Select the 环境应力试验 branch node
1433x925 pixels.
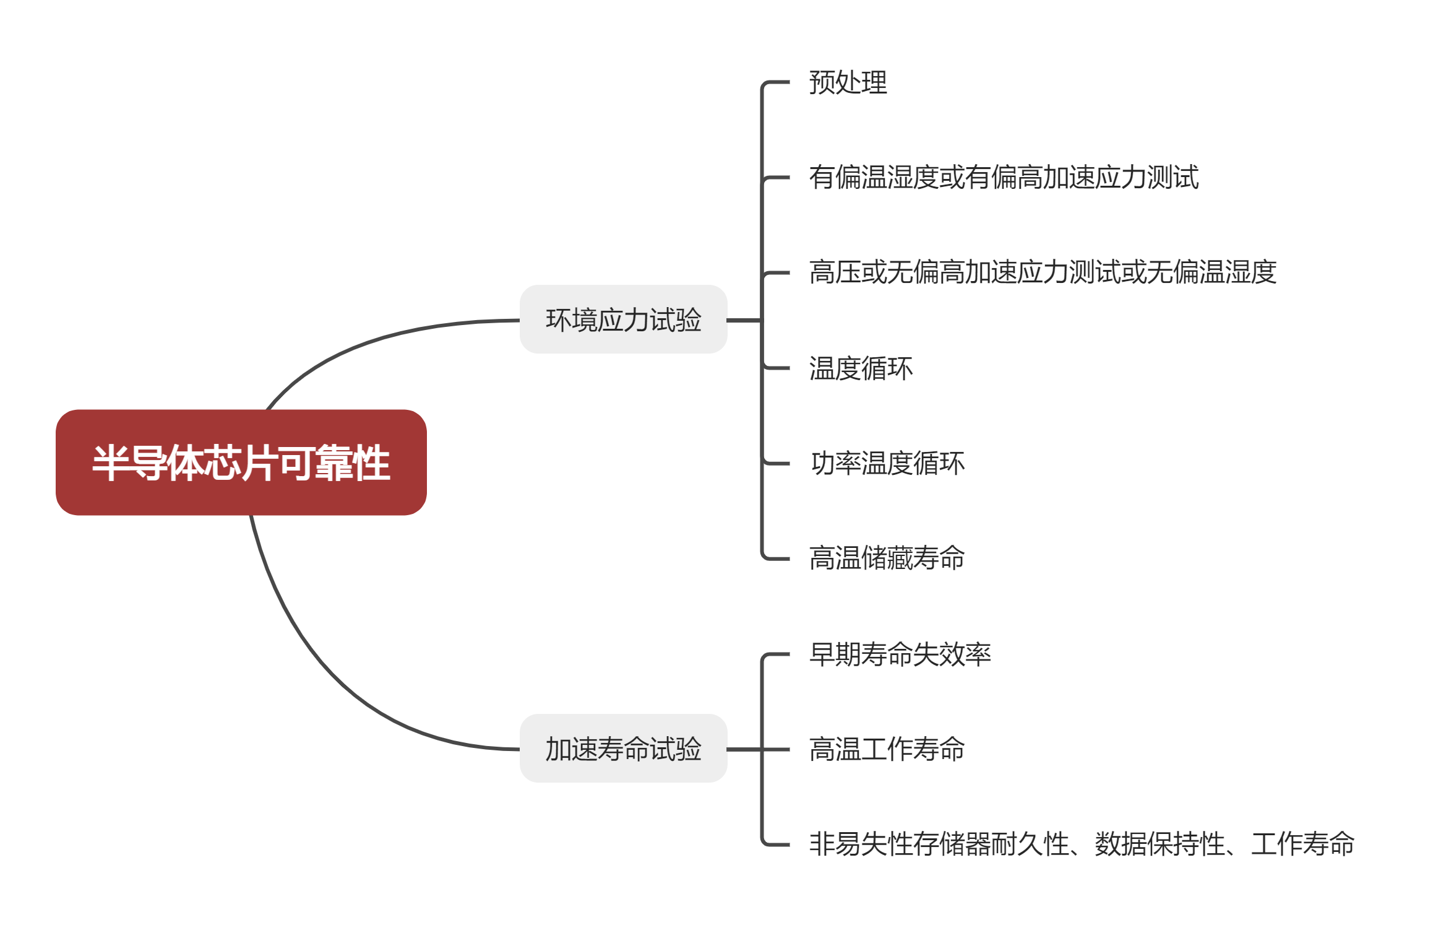[x=623, y=319]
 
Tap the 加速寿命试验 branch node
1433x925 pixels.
[x=623, y=749]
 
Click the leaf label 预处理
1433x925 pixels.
[x=848, y=82]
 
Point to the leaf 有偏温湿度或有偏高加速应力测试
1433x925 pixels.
[x=1004, y=178]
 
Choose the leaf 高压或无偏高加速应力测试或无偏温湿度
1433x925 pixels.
[x=1043, y=272]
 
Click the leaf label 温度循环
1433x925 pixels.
[x=861, y=368]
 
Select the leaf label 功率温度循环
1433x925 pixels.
[x=887, y=463]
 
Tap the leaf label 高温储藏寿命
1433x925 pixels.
[x=887, y=558]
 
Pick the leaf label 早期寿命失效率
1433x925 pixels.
[x=900, y=654]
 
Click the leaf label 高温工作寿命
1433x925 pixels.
[x=887, y=749]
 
